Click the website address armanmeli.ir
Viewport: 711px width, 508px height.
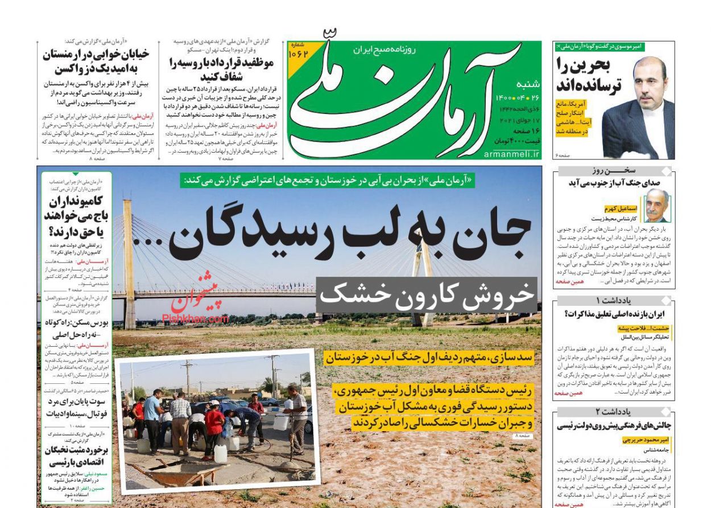tap(511, 154)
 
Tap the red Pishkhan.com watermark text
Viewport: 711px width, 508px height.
tap(195, 319)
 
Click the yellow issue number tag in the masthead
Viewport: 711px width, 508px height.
tap(299, 54)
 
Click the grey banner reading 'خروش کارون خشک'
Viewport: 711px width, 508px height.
tap(427, 294)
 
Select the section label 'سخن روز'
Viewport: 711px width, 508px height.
tap(613, 171)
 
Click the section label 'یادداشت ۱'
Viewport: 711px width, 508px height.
tap(613, 300)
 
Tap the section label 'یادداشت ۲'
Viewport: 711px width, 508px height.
tap(613, 412)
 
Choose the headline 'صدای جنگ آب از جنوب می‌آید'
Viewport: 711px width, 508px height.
tap(613, 182)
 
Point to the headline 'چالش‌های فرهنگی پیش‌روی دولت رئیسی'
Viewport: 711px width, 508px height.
tap(614, 425)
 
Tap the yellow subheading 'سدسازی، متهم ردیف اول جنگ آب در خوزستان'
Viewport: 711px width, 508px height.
tap(429, 357)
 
